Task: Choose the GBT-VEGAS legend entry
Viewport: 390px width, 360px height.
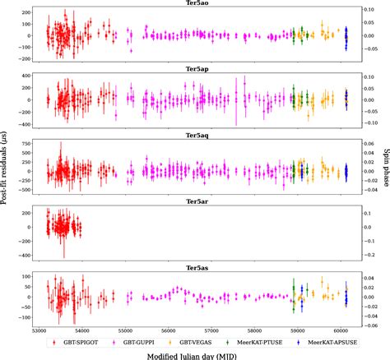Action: (217, 339)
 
